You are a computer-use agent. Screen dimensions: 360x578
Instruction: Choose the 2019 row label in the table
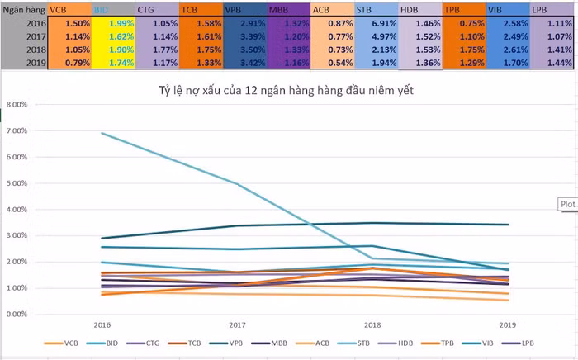coord(23,63)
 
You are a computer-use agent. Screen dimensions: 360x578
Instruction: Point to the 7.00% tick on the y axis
coord(17,130)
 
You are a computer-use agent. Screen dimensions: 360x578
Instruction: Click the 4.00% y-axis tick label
coord(17,209)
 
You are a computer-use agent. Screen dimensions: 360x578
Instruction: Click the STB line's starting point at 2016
coord(102,133)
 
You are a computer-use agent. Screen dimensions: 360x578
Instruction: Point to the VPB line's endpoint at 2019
coord(508,225)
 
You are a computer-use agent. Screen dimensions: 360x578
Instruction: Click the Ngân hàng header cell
coord(23,9)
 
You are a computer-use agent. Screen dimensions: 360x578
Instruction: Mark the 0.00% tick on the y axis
coord(17,315)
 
